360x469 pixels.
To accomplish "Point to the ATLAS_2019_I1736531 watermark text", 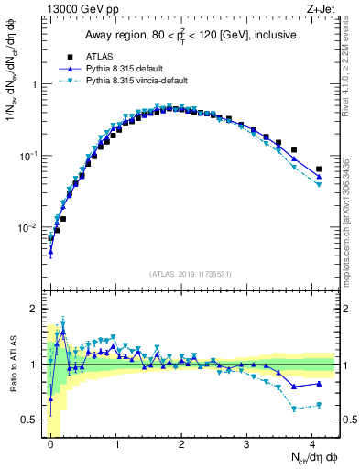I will pyautogui.click(x=191, y=273).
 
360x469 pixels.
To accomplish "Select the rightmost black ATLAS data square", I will pyautogui.click(x=319, y=169).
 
